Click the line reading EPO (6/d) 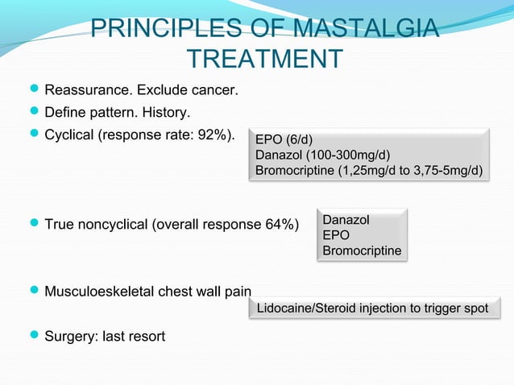point(284,139)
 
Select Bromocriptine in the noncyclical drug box point(361,251)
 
